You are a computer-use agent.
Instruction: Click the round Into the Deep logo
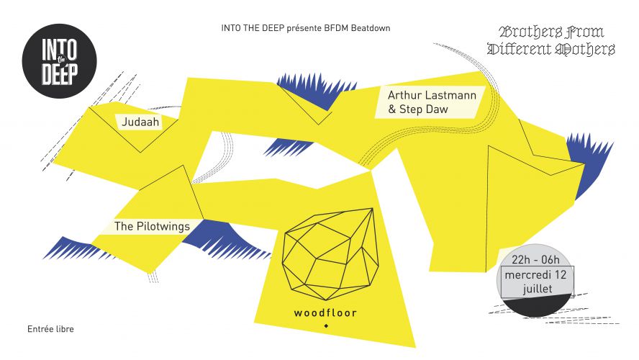[60, 60]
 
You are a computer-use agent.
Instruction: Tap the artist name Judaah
[140, 122]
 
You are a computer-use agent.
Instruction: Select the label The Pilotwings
[152, 226]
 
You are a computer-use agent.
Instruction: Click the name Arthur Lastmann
[432, 95]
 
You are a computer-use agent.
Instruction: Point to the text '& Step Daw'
[418, 109]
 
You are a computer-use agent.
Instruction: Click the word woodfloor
[325, 313]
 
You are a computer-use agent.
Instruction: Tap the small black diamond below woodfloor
[325, 325]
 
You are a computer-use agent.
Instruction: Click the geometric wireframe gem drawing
[330, 253]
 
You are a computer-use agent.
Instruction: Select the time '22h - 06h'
[535, 260]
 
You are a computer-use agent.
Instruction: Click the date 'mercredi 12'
[535, 275]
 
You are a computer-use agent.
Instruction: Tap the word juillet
[538, 289]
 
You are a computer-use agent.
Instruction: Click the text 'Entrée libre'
[50, 329]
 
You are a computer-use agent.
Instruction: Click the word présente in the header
[304, 29]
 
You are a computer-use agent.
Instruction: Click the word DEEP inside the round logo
[60, 74]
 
